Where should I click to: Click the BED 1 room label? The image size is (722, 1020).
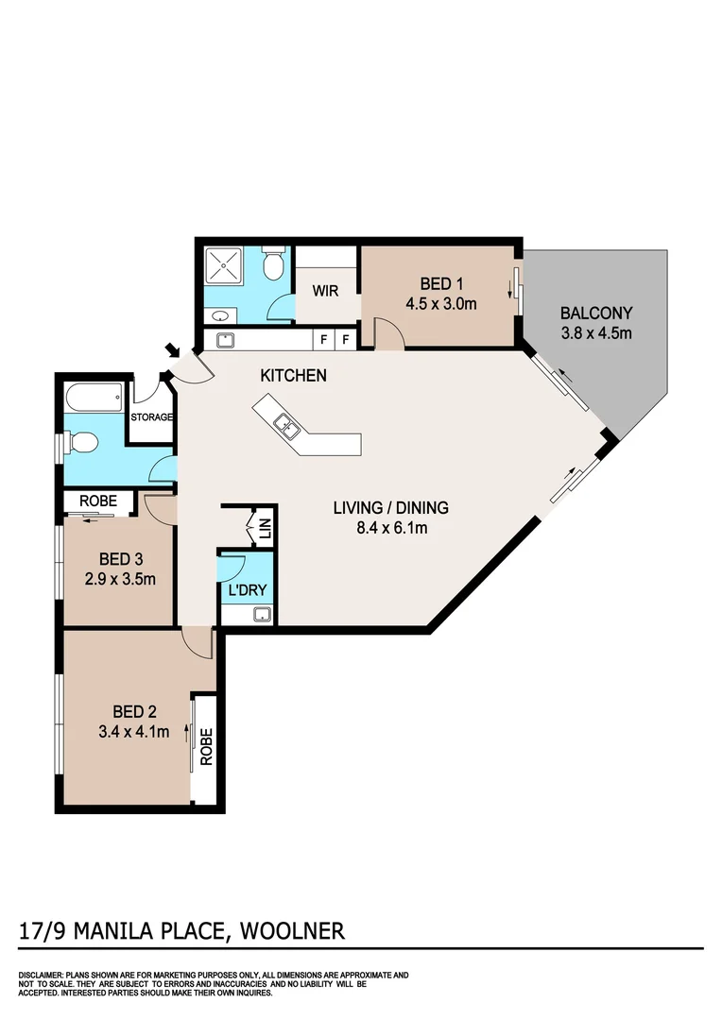point(439,284)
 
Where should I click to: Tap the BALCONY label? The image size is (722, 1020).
point(595,313)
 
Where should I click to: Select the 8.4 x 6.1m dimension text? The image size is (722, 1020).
point(390,528)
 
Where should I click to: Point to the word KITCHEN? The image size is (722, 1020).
point(294,375)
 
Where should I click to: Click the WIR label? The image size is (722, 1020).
point(325,291)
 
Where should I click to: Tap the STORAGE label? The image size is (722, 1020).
point(151,416)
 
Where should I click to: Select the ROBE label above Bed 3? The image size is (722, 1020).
point(97,501)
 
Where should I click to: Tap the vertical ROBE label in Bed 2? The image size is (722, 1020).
point(206,747)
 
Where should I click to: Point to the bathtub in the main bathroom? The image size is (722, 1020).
point(94,398)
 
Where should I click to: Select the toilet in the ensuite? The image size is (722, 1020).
point(274,264)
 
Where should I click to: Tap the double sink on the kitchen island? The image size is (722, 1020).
point(284,429)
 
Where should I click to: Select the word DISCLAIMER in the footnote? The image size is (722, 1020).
point(40,975)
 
